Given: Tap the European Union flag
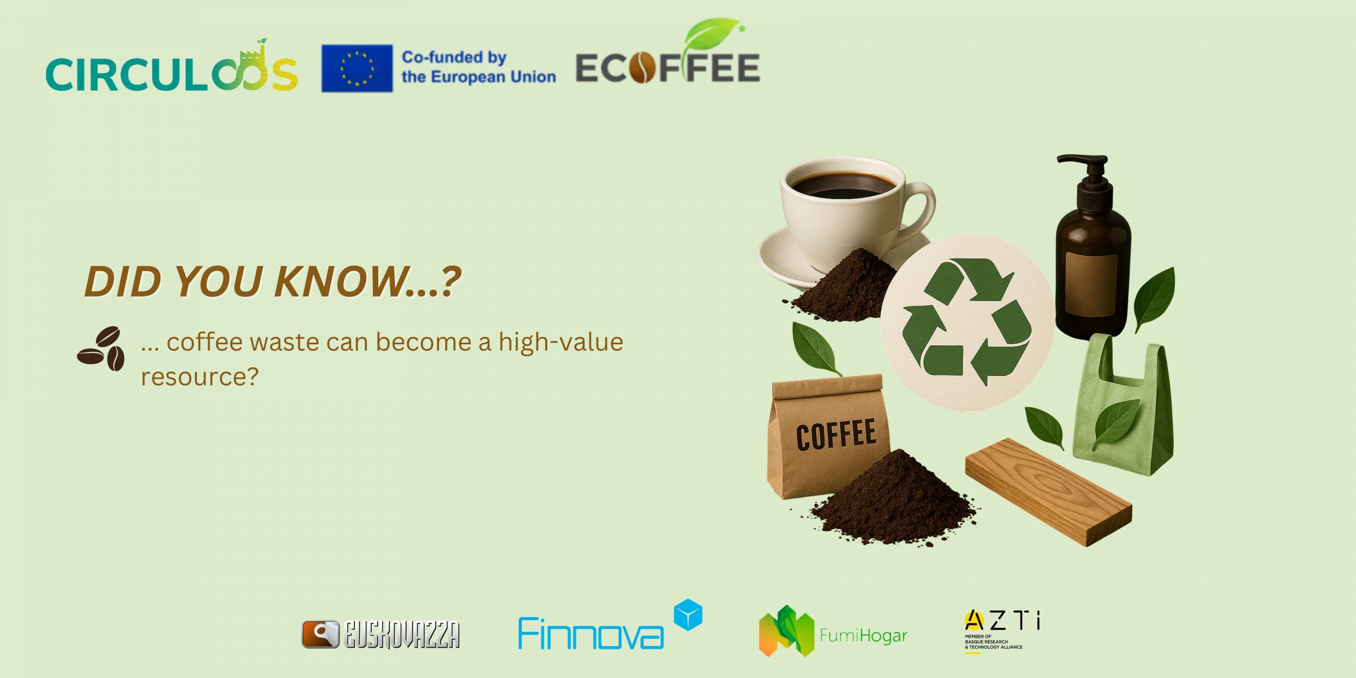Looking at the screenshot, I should coord(357,68).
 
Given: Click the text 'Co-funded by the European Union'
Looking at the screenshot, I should coord(478,67).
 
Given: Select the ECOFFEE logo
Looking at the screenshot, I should coord(667,68).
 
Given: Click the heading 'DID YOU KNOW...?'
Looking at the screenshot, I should coord(273,281).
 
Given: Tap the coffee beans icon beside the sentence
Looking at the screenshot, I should coord(101,349).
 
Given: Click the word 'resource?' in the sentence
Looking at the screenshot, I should coord(200,377).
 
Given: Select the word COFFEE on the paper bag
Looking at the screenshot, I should coord(836,434).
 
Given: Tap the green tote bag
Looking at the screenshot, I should coord(1123,408).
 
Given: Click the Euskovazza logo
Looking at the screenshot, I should coord(380,634).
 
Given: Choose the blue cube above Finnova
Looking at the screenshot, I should coord(688,614).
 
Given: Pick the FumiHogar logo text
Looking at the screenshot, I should coord(863,635).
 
